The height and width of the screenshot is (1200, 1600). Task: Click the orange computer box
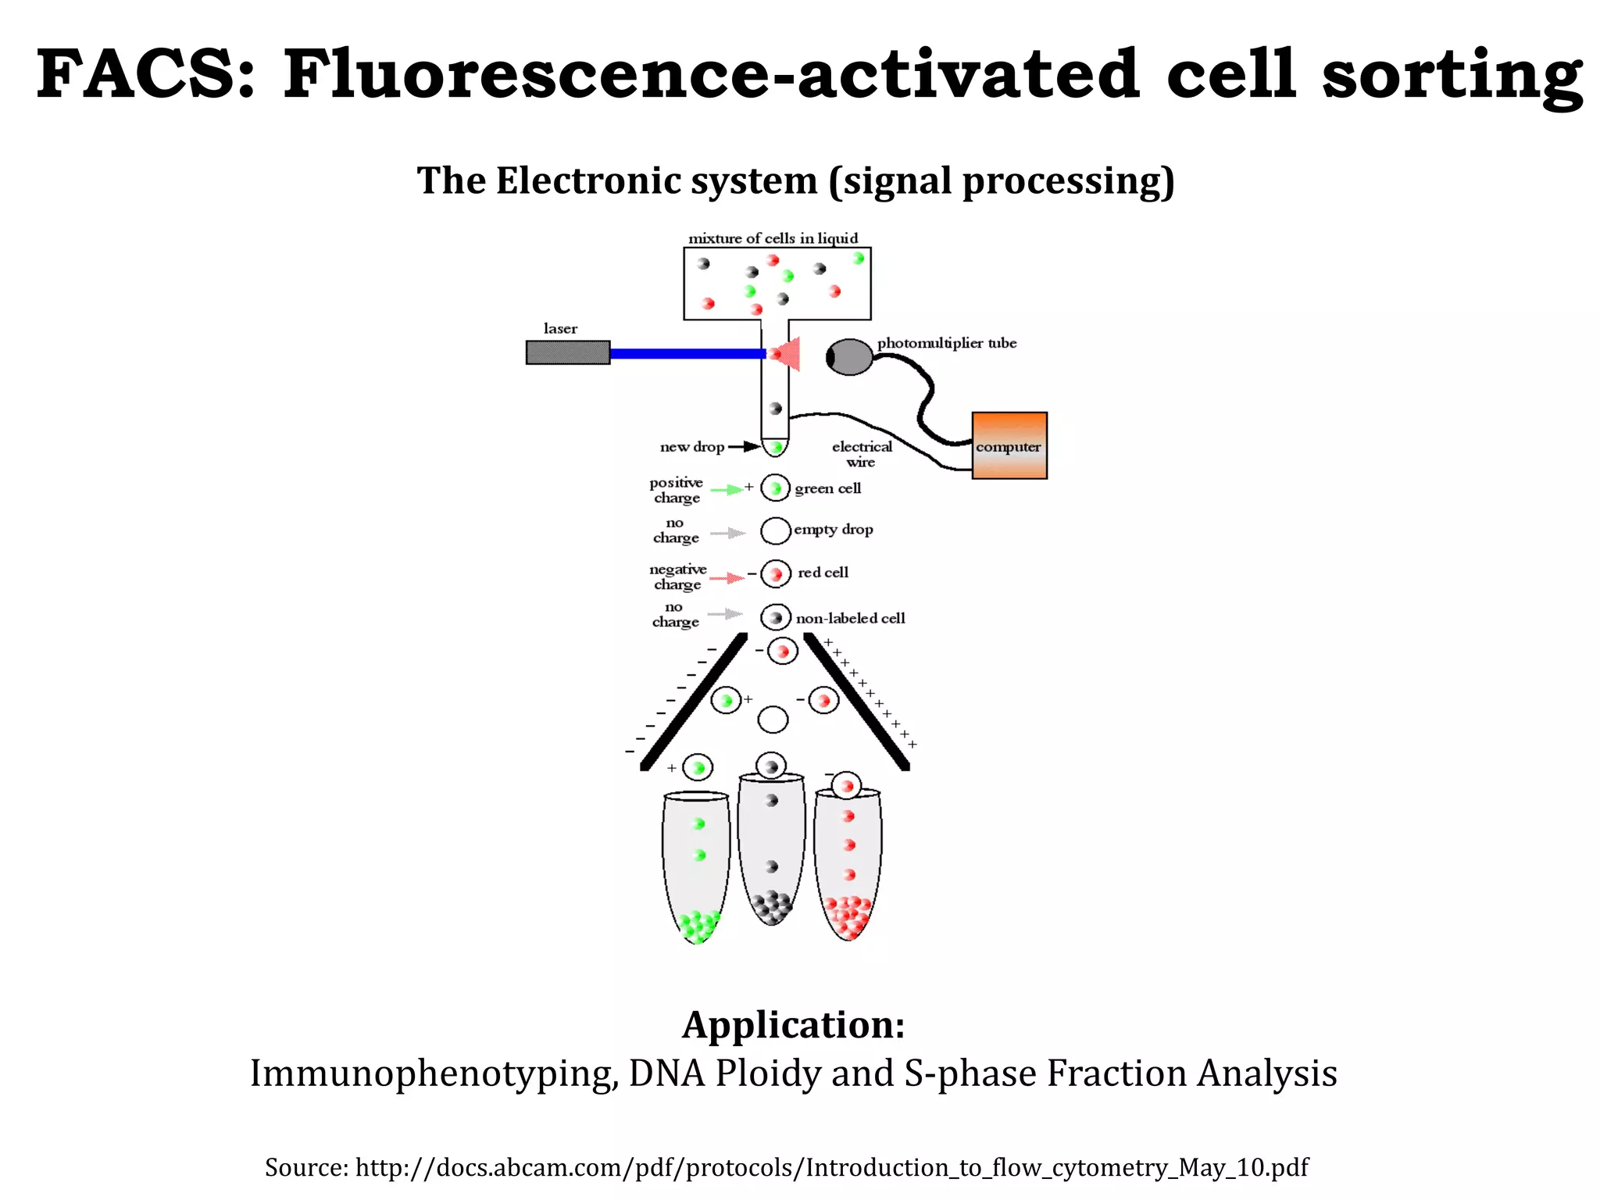(x=1009, y=445)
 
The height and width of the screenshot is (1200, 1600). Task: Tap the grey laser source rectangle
(x=568, y=352)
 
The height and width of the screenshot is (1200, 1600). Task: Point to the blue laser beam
(x=687, y=353)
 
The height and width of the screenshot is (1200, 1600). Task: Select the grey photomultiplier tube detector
(x=849, y=357)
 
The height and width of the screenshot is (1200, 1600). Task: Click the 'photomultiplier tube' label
(x=947, y=343)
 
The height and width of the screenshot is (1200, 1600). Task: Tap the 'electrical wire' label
(x=862, y=454)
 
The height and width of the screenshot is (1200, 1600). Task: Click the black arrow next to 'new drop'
(x=744, y=447)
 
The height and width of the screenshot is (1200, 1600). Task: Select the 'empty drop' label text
(x=834, y=530)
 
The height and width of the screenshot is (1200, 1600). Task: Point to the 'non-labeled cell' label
(x=851, y=618)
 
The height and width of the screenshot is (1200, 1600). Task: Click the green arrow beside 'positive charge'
(x=727, y=489)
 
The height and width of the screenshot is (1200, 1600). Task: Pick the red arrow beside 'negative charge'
(x=727, y=577)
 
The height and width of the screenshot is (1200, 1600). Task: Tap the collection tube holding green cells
(x=696, y=867)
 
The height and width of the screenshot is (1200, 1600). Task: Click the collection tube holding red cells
(x=848, y=863)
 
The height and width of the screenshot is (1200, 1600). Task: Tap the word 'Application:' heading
(x=794, y=1024)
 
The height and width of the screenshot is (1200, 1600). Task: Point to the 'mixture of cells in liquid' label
(x=773, y=237)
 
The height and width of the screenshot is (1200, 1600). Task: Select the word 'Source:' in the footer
(x=306, y=1167)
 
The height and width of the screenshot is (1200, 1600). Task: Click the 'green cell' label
(x=828, y=488)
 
